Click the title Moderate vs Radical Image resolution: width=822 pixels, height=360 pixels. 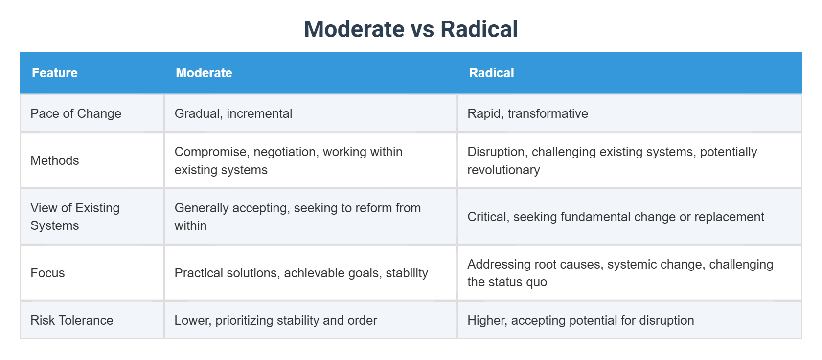click(x=411, y=29)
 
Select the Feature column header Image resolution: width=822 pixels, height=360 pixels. click(x=55, y=73)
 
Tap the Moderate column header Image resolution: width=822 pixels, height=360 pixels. click(x=204, y=73)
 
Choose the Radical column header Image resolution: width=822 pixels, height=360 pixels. click(x=491, y=73)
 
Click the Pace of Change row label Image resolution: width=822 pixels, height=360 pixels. click(x=76, y=113)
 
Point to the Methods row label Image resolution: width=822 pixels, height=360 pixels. click(x=55, y=160)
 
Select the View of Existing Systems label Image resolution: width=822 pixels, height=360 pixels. click(x=75, y=217)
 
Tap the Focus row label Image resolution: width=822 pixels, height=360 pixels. click(x=47, y=273)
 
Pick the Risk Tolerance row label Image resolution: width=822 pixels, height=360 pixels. click(x=72, y=320)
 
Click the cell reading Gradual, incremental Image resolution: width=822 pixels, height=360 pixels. click(x=233, y=113)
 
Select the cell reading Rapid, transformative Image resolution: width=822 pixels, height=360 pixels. click(x=527, y=113)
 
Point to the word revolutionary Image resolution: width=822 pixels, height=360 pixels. click(x=503, y=170)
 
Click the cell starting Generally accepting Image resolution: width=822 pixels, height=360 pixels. click(x=297, y=217)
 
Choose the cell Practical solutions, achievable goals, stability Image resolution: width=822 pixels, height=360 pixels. click(x=301, y=273)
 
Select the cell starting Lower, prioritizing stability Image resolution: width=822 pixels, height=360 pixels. click(x=275, y=320)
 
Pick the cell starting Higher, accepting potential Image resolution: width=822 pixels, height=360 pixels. click(x=580, y=320)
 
